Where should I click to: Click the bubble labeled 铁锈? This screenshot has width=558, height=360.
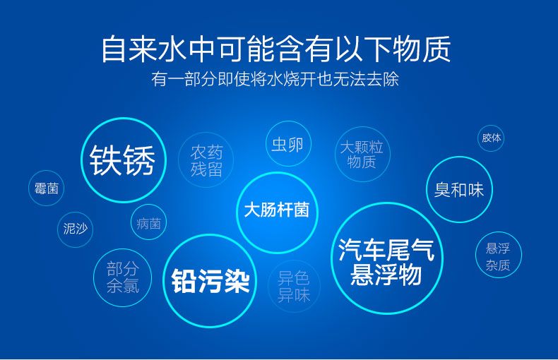[124, 160]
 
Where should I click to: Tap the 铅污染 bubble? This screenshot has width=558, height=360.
[210, 281]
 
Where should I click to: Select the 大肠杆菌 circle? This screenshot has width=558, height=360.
[277, 212]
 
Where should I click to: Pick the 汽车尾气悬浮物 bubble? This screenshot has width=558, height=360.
[387, 258]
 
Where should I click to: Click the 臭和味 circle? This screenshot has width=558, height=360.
[459, 190]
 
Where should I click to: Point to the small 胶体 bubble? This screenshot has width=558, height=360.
[491, 138]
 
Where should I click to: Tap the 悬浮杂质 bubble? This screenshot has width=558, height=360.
[498, 255]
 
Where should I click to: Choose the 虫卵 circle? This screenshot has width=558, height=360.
[288, 144]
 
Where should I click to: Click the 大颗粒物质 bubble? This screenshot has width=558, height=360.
[362, 154]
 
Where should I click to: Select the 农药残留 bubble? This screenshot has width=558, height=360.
[206, 160]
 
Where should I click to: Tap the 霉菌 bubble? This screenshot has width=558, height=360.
[46, 188]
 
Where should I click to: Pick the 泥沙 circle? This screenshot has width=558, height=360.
[75, 229]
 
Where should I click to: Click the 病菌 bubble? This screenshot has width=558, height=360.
[149, 222]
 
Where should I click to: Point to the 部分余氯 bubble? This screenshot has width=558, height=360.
[122, 277]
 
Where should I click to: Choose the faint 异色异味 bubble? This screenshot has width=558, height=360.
[294, 287]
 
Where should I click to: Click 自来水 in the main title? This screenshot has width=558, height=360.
[145, 49]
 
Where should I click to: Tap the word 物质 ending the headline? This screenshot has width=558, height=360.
[422, 49]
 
